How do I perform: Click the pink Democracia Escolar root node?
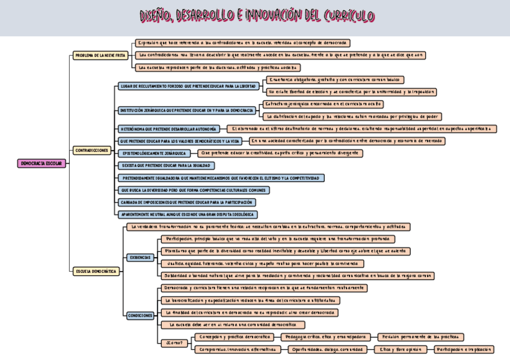coord(41,163)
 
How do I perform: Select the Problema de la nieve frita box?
coord(100,55)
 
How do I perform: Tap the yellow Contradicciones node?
coord(92,150)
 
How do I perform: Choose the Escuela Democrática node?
coord(96,271)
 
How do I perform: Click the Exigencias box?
coord(140,257)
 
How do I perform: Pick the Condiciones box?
coord(141,315)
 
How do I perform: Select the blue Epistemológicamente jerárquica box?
coord(154,153)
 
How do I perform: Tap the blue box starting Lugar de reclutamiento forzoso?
coord(188,86)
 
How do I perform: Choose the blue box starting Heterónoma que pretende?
coord(169,129)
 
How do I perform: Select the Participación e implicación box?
coord(464,349)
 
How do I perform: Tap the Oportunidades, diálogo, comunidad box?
coord(327,349)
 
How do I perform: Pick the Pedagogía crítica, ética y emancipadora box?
coord(327,337)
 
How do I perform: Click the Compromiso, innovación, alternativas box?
coord(238,349)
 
